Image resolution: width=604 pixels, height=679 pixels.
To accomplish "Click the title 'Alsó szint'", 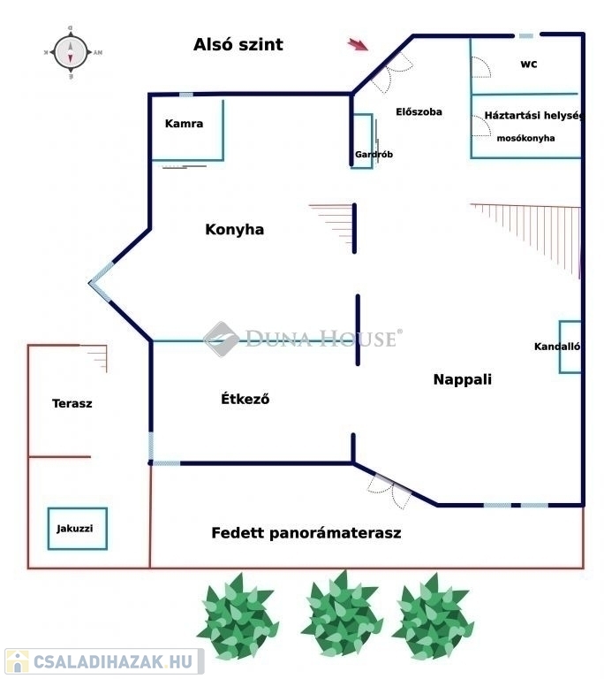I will point(238,44).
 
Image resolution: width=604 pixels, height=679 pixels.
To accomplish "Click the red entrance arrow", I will point(358,44).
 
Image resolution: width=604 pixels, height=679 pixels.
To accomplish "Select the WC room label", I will point(529,65).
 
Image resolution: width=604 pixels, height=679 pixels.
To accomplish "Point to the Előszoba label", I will point(419,112).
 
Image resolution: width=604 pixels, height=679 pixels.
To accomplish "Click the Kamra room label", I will point(184,124).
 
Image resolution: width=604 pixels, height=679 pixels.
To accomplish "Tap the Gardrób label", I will point(374,155).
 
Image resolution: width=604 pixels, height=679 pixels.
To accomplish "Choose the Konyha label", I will point(234,230).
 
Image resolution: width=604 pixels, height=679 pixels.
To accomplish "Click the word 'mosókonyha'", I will point(525,139).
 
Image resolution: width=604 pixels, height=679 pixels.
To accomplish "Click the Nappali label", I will point(462,379).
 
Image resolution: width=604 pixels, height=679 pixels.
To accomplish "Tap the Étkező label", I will point(245,399).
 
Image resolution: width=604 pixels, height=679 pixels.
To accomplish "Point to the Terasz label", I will point(72,403).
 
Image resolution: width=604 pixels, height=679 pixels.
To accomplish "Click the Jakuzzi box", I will point(77,529).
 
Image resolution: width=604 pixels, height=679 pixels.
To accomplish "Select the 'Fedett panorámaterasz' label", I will point(306,533).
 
